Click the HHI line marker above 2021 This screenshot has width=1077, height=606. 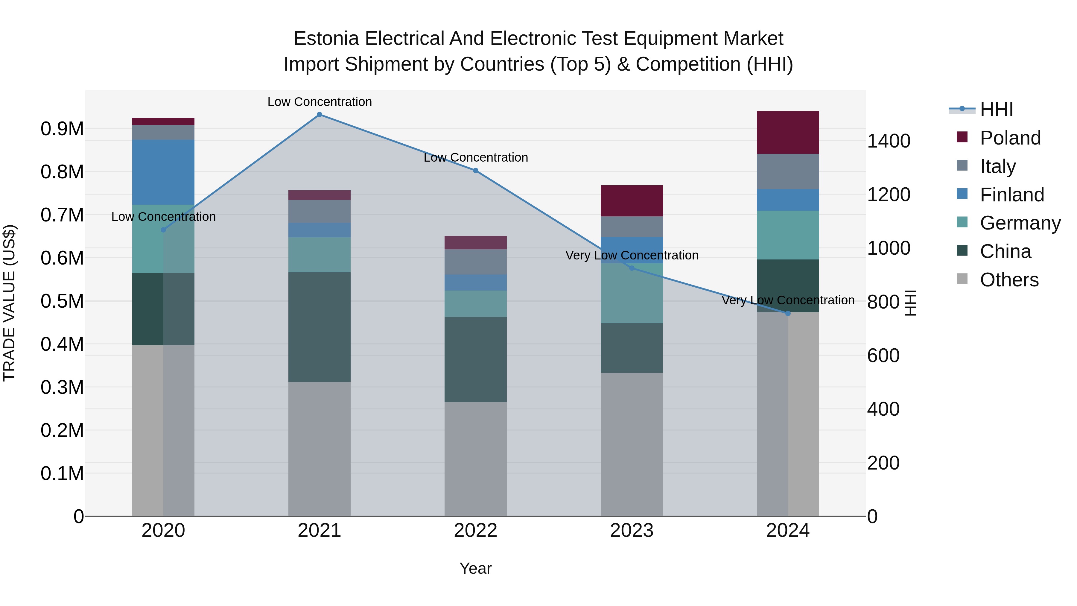(320, 115)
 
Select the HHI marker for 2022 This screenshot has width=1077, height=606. (475, 171)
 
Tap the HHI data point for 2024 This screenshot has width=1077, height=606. (788, 313)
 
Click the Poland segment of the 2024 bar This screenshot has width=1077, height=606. (788, 132)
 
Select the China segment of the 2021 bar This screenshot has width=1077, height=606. (320, 327)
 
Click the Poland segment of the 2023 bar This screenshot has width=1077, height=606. (631, 201)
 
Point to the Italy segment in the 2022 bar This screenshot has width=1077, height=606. (475, 262)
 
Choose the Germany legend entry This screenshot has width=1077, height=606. (1020, 223)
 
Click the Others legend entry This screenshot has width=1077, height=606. (1009, 280)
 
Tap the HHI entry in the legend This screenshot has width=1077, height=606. (996, 110)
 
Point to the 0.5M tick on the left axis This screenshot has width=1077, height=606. (62, 301)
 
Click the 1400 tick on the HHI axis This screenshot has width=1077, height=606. (889, 141)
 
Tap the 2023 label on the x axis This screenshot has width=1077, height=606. (631, 531)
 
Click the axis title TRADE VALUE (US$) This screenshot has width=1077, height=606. (9, 303)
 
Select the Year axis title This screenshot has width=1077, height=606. (475, 568)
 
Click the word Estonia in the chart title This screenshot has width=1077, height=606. (326, 39)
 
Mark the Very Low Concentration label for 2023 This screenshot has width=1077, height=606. (631, 255)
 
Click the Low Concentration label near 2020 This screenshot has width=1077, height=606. (163, 217)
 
